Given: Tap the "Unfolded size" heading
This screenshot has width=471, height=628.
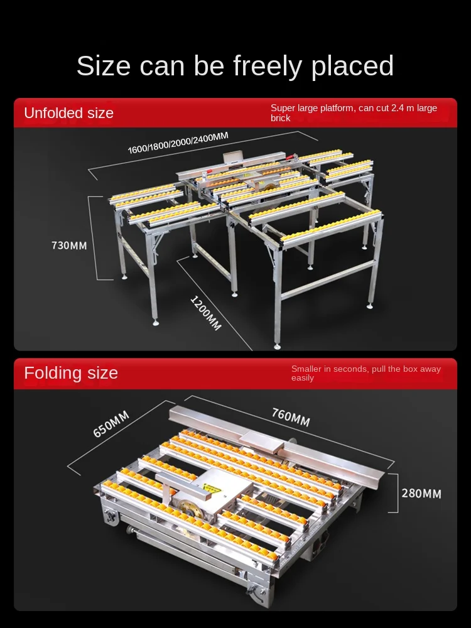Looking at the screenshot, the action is (x=68, y=113).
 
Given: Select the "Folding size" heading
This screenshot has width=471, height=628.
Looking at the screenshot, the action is (x=71, y=373).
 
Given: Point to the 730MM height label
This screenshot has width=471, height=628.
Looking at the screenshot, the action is (x=69, y=245).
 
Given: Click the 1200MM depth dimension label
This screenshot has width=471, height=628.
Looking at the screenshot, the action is (x=206, y=312).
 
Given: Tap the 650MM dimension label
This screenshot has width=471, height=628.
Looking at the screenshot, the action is (x=111, y=424).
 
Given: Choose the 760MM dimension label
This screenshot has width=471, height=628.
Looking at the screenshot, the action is (x=291, y=417).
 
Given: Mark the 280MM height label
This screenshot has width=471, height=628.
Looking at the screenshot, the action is (x=421, y=493).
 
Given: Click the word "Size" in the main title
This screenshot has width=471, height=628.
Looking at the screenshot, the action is (x=104, y=66).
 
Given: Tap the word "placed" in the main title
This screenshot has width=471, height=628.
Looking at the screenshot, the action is (x=353, y=66).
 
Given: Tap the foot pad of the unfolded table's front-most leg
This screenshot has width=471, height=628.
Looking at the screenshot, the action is (x=277, y=345).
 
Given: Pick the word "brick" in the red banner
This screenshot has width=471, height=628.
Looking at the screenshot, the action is (x=280, y=118).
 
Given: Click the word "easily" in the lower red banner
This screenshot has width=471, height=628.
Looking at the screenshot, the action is (x=302, y=378).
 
